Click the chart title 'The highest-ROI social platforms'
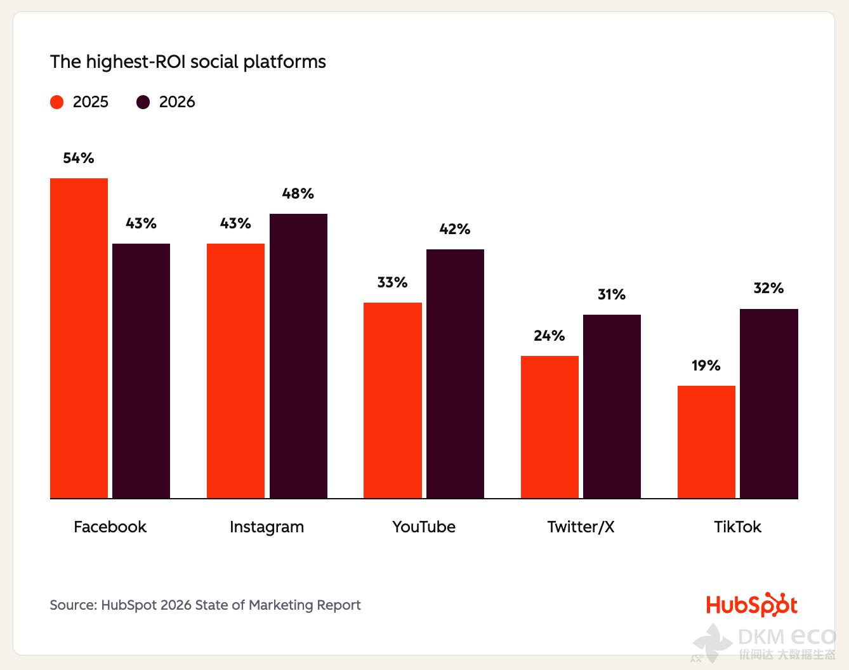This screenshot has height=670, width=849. click(x=188, y=62)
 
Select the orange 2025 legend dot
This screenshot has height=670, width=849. click(x=57, y=102)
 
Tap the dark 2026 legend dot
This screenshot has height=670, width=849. click(x=143, y=102)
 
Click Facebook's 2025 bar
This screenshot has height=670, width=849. click(x=79, y=338)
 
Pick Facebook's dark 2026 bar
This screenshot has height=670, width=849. click(x=141, y=371)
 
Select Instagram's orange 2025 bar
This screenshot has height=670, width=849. click(x=235, y=371)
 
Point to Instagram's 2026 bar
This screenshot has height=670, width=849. click(x=298, y=356)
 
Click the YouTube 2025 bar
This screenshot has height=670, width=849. click(x=392, y=400)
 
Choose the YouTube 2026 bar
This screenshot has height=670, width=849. click(x=455, y=374)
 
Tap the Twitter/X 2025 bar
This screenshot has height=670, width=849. click(x=550, y=427)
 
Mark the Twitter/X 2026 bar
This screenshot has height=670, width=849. click(x=612, y=407)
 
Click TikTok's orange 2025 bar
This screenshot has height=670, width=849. click(x=706, y=442)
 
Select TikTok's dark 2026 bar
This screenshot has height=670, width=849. click(x=768, y=404)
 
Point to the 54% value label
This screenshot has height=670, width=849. click(x=79, y=158)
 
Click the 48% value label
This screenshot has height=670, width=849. click(x=298, y=194)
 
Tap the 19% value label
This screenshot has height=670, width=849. click(x=706, y=365)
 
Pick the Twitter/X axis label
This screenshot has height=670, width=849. click(x=581, y=527)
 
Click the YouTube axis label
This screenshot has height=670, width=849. click(x=424, y=527)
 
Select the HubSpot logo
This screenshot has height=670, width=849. click(x=751, y=605)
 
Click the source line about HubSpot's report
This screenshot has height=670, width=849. click(x=205, y=605)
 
